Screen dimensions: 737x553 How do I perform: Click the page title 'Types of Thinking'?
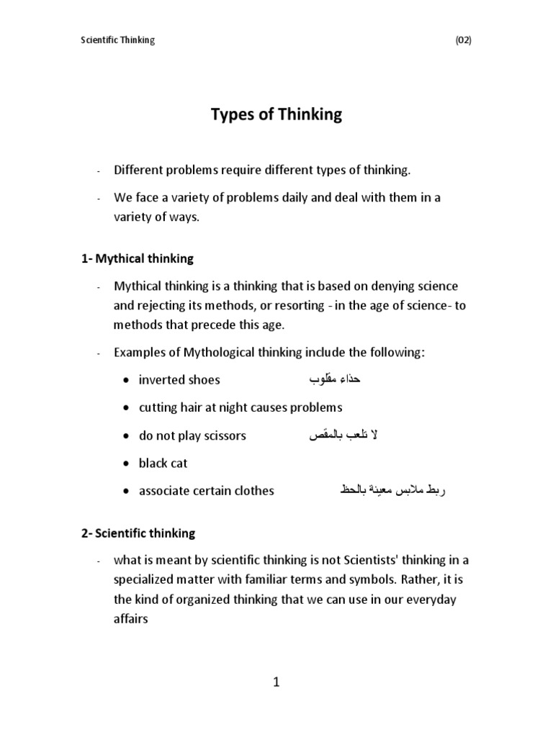click(x=276, y=114)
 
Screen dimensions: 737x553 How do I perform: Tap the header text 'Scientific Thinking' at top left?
click(x=117, y=40)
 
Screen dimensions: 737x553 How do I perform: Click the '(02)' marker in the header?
click(x=463, y=40)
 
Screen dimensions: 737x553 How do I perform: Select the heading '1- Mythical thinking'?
click(x=138, y=258)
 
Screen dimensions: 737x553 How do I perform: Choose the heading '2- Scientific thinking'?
click(x=138, y=533)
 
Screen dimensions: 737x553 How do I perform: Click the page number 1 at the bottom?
click(x=276, y=683)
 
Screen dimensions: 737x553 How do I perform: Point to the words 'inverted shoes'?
click(x=179, y=380)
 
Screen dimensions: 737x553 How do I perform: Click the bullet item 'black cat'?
click(x=163, y=464)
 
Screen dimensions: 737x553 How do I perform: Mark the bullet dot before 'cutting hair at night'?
click(x=125, y=408)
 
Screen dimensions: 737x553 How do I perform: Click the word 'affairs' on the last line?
click(x=130, y=618)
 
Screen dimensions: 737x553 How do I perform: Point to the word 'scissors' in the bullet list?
click(x=224, y=436)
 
